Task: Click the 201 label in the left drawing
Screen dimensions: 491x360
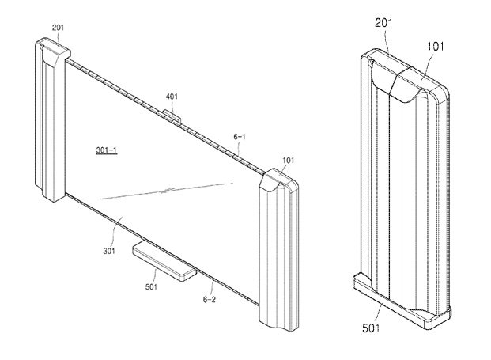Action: [x=58, y=28]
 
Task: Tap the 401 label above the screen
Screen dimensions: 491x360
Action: [x=172, y=97]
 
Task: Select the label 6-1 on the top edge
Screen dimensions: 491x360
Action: [x=240, y=137]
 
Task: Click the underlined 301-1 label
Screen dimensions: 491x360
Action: [x=107, y=150]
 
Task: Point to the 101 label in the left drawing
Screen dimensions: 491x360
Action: [x=289, y=161]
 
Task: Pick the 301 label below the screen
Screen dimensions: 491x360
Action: [x=109, y=251]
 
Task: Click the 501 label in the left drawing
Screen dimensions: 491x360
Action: [x=151, y=286]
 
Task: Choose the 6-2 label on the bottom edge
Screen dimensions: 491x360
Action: [x=210, y=300]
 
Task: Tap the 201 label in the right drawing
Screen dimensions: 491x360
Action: [x=383, y=23]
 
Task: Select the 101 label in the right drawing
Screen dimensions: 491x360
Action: [x=436, y=47]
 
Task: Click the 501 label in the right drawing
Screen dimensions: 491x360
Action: [x=371, y=328]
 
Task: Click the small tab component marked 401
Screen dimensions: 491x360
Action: [x=172, y=116]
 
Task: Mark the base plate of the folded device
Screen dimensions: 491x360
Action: [x=402, y=301]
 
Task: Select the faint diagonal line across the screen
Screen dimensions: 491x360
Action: [x=167, y=190]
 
